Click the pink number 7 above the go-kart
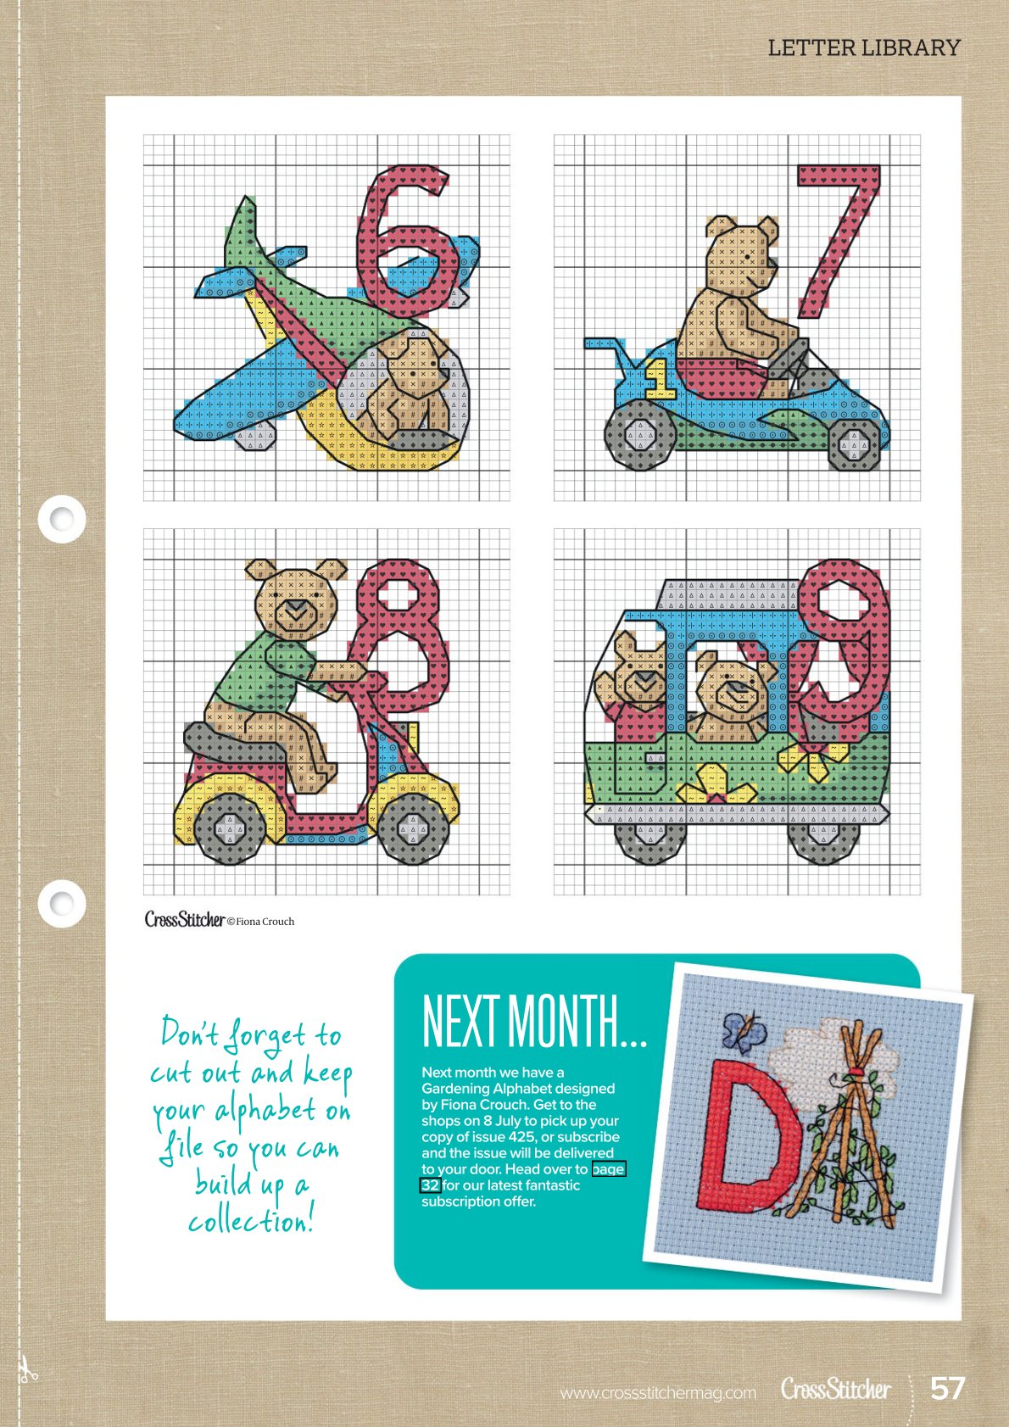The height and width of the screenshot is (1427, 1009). [841, 236]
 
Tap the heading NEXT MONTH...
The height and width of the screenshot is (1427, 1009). [534, 1023]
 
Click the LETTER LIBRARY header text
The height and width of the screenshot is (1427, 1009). [864, 47]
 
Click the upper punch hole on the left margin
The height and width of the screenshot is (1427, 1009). [62, 519]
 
